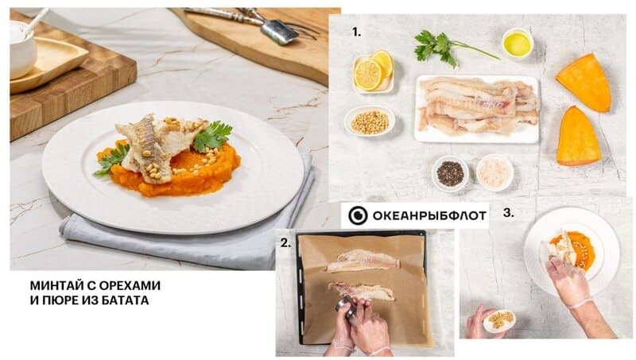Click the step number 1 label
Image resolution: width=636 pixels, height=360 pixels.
tap(355, 33)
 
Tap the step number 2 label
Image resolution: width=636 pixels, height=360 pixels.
tap(285, 243)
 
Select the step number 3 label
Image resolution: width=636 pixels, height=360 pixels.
tap(509, 213)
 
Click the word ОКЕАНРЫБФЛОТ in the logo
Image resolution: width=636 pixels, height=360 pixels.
tap(429, 215)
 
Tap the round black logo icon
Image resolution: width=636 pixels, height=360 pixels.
tap(359, 215)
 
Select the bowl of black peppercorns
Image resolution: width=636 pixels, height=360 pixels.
tap(450, 173)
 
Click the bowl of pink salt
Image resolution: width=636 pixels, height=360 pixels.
tap(494, 172)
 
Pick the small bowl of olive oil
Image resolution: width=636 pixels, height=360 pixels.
tap(518, 43)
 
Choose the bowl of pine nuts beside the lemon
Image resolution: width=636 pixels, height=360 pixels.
tap(370, 121)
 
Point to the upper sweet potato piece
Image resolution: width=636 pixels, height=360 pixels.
tap(585, 83)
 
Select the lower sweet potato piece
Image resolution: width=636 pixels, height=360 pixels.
tap(579, 137)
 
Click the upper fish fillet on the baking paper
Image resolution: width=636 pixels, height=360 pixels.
tap(363, 261)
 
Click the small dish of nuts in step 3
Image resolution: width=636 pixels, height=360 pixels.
tap(498, 320)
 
